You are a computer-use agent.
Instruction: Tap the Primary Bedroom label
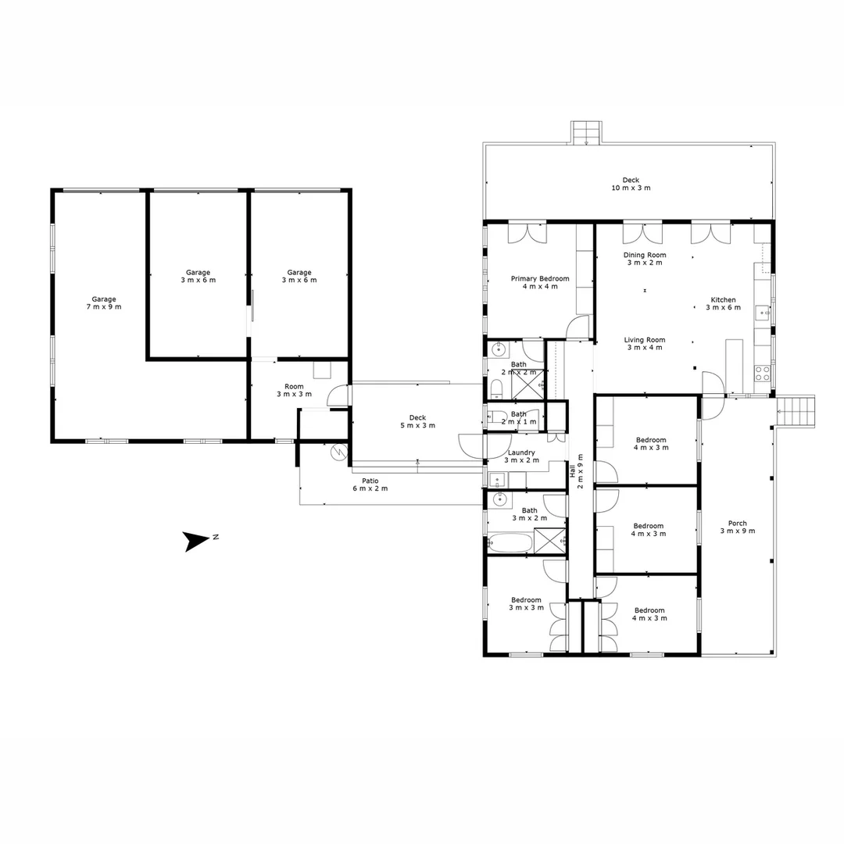[539, 278]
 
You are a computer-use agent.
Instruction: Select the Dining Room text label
[645, 255]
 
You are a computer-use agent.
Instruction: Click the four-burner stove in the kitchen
[762, 374]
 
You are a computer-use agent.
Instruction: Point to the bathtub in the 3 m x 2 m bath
[510, 542]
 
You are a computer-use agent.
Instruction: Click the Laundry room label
[521, 452]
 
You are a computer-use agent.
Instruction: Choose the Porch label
[737, 524]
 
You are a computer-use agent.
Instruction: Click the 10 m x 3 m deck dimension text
[631, 188]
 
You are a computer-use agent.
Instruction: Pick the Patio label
[370, 480]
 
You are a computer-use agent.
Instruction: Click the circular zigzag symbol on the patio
[338, 452]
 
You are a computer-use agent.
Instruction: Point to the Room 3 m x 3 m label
[294, 386]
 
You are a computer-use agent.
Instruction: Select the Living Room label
[645, 339]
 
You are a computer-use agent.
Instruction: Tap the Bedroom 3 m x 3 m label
[526, 600]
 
